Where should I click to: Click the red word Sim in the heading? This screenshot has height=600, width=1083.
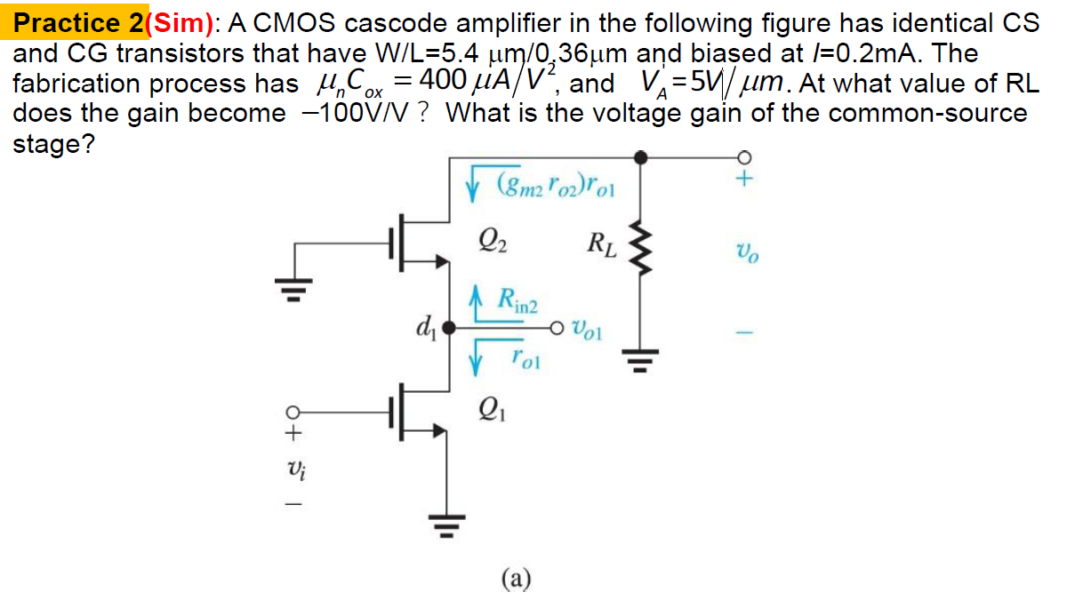point(183,22)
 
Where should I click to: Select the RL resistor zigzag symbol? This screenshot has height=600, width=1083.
point(639,244)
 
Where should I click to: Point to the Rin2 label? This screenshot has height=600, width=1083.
point(516,301)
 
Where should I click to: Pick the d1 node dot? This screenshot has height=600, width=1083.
point(449,328)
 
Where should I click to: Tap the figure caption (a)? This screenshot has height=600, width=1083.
point(516,580)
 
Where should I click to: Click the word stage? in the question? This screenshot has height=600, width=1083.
point(53,144)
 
